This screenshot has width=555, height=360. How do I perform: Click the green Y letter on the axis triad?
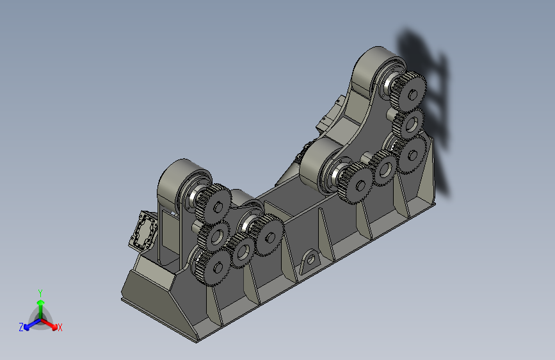pyautogui.click(x=40, y=293)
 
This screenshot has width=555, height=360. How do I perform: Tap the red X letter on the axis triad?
pyautogui.click(x=60, y=327)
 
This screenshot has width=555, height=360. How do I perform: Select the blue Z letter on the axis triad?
pyautogui.click(x=21, y=327)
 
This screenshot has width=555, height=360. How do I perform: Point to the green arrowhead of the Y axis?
pyautogui.click(x=41, y=302)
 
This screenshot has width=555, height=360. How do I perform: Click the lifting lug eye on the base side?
pyautogui.click(x=310, y=261)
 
